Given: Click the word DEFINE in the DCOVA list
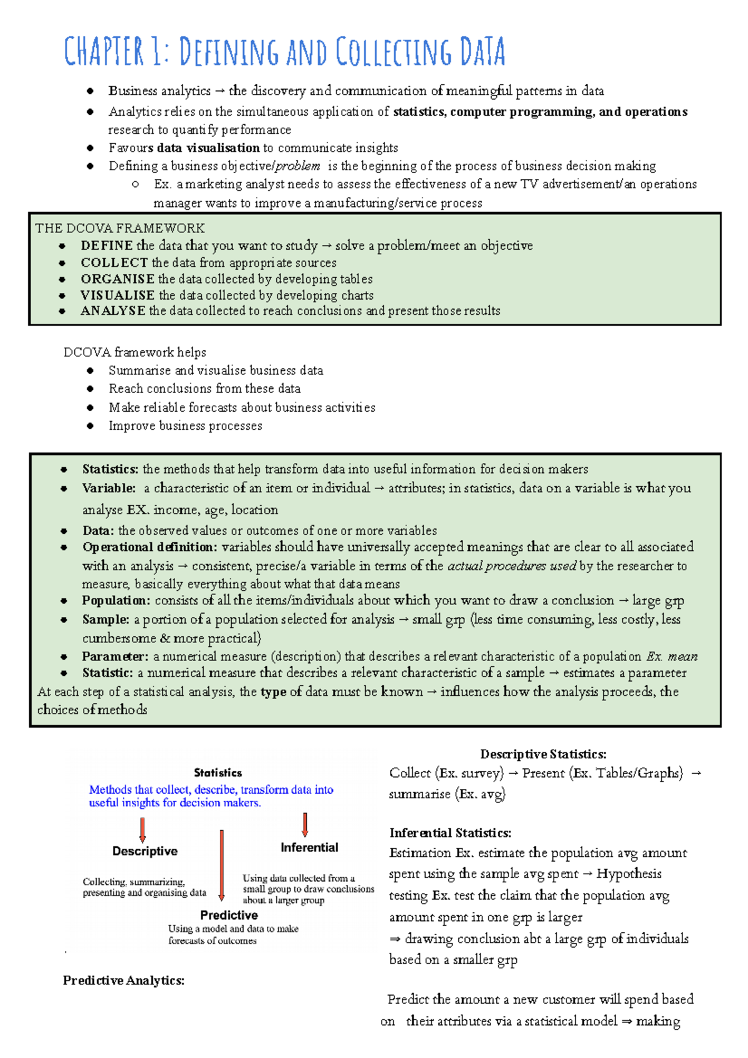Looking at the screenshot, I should (107, 245).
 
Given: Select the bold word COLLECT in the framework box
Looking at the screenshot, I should (114, 262).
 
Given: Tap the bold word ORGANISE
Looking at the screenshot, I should (117, 279).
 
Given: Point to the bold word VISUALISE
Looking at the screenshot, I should (117, 295).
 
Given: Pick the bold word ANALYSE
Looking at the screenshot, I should (113, 310).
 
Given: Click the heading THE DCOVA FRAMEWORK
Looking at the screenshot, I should (120, 228).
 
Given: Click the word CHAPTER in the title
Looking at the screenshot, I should (104, 52).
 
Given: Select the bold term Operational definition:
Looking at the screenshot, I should (150, 547).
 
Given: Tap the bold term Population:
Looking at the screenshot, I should (116, 601).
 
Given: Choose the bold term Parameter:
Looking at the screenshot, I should (115, 656).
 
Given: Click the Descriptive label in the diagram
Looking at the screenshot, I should (145, 851).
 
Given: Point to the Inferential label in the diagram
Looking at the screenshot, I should (309, 847).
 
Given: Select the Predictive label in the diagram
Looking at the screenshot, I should (229, 915).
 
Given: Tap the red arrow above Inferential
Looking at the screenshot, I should (305, 824).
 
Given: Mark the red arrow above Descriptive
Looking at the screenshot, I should (143, 830).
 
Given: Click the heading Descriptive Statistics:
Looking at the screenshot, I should (543, 754).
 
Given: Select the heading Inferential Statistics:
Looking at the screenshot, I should (450, 832).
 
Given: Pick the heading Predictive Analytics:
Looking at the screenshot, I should (123, 980).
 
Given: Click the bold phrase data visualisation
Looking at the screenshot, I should (208, 148).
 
